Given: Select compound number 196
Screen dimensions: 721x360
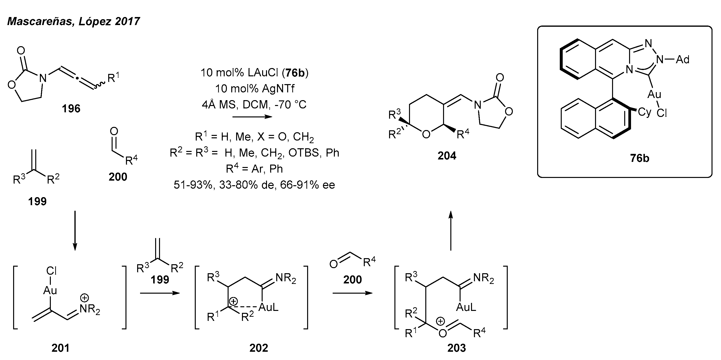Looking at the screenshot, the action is [71, 108].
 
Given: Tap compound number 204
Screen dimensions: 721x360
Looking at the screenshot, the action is [447, 156].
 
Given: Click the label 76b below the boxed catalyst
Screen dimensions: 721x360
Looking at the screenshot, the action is [640, 158].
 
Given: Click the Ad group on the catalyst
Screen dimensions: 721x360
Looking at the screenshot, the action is [682, 60].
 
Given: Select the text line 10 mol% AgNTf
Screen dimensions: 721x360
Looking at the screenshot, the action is [254, 89].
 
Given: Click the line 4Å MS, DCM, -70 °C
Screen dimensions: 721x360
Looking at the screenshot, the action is [254, 105].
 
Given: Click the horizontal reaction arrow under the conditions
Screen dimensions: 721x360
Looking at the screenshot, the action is [252, 117].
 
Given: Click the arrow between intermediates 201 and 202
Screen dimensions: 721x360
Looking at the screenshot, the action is [160, 293].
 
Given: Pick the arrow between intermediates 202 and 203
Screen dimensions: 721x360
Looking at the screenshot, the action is [352, 293].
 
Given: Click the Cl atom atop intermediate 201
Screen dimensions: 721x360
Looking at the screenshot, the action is [51, 271].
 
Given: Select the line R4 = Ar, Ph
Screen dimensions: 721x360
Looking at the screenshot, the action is [254, 169].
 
